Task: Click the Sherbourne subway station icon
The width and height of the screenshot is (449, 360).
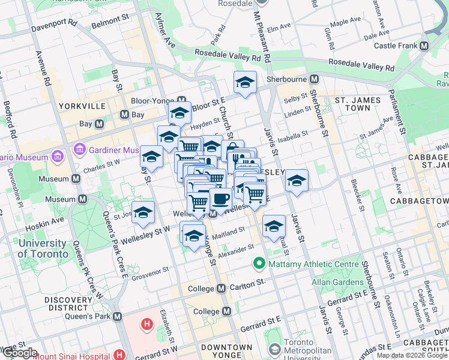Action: (x=314, y=79)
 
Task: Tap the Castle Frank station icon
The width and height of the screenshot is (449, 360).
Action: (x=424, y=46)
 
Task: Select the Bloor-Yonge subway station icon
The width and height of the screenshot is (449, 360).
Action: (x=181, y=100)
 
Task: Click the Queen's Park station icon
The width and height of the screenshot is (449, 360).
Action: (x=117, y=316)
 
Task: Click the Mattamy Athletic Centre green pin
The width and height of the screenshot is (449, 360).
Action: (x=259, y=263)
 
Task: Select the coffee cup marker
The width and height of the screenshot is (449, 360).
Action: (x=220, y=199)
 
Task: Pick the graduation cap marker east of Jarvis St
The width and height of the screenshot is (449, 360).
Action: (x=297, y=181)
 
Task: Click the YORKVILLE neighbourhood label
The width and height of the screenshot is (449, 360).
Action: (x=82, y=106)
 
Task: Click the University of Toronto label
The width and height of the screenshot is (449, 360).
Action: (x=43, y=248)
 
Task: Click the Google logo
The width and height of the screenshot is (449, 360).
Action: (x=19, y=353)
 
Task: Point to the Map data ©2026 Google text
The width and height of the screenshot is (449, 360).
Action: (x=412, y=355)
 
